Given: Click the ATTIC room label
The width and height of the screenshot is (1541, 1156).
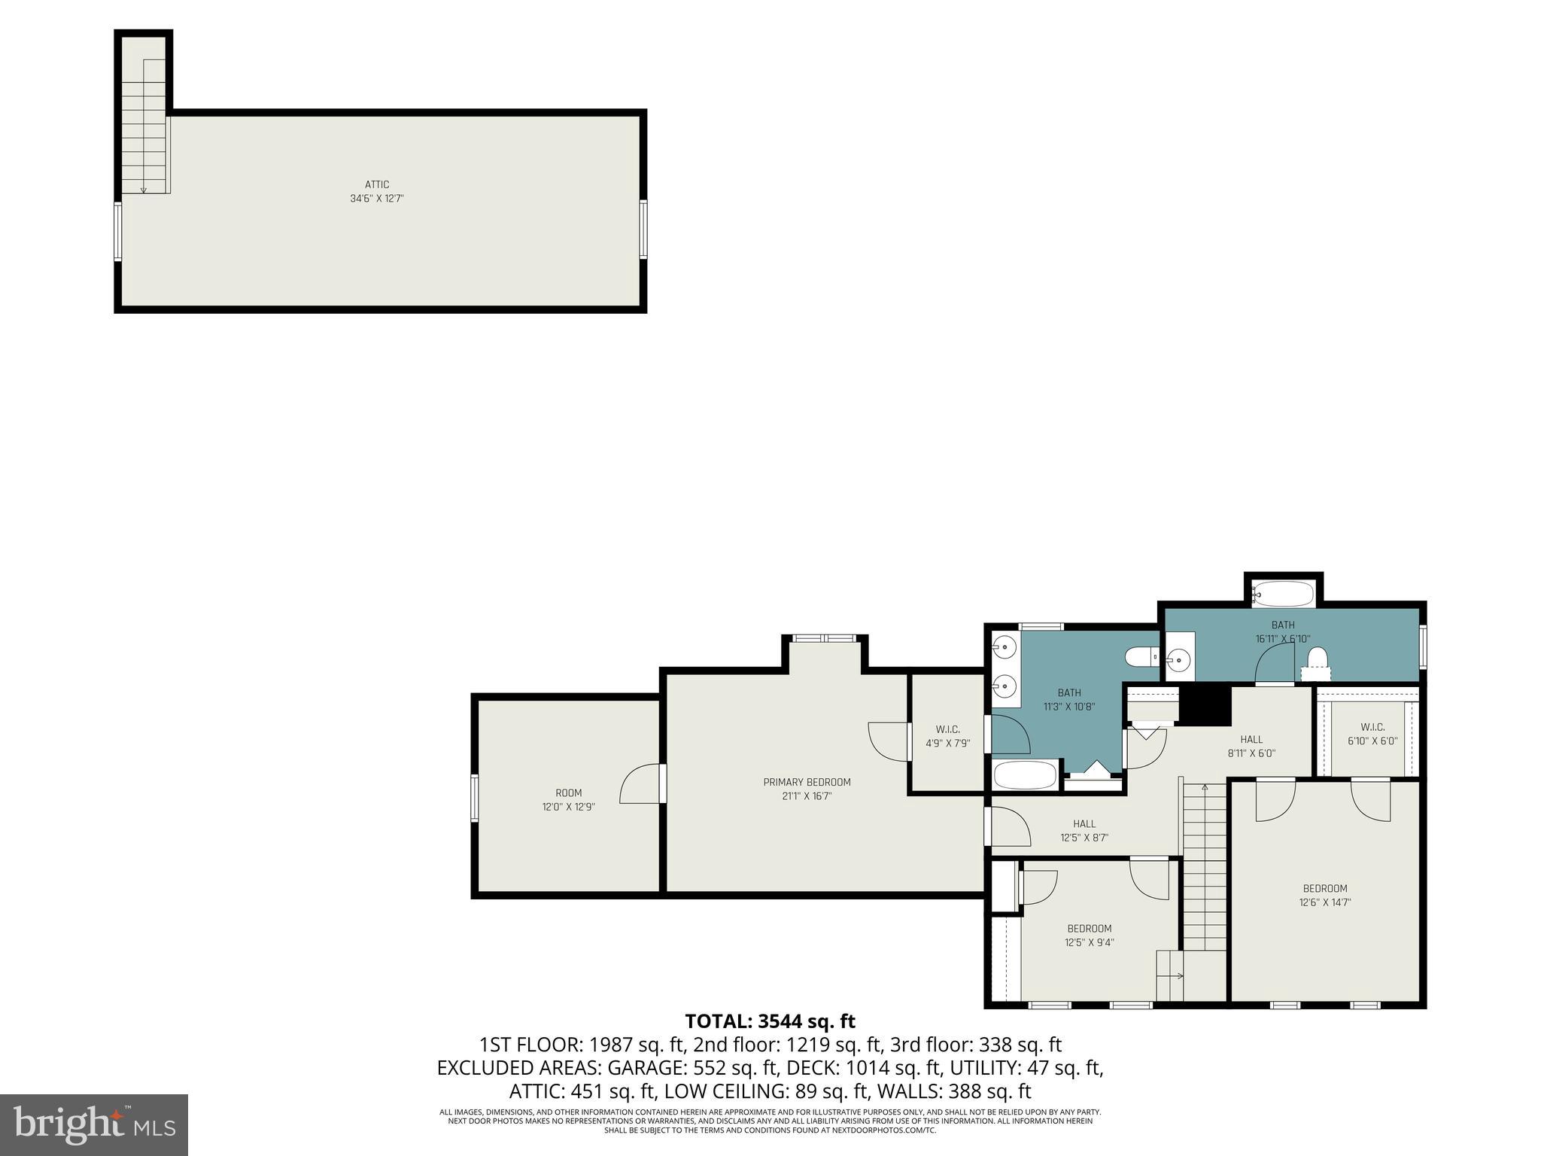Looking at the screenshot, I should [x=377, y=184].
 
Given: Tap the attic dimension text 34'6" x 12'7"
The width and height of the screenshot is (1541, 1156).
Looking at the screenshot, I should [x=377, y=199].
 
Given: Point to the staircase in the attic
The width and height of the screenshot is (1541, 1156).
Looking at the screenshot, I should [x=144, y=128].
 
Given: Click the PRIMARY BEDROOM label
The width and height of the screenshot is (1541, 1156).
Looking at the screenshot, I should [x=807, y=782].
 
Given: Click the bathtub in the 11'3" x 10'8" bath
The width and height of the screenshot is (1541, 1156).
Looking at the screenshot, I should [x=1025, y=774].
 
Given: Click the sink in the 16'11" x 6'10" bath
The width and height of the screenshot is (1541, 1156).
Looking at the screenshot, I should [x=1178, y=662].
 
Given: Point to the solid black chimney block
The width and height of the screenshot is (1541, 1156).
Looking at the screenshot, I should [x=1204, y=705].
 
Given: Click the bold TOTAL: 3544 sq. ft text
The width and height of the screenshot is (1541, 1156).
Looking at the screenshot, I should [x=770, y=1021].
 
